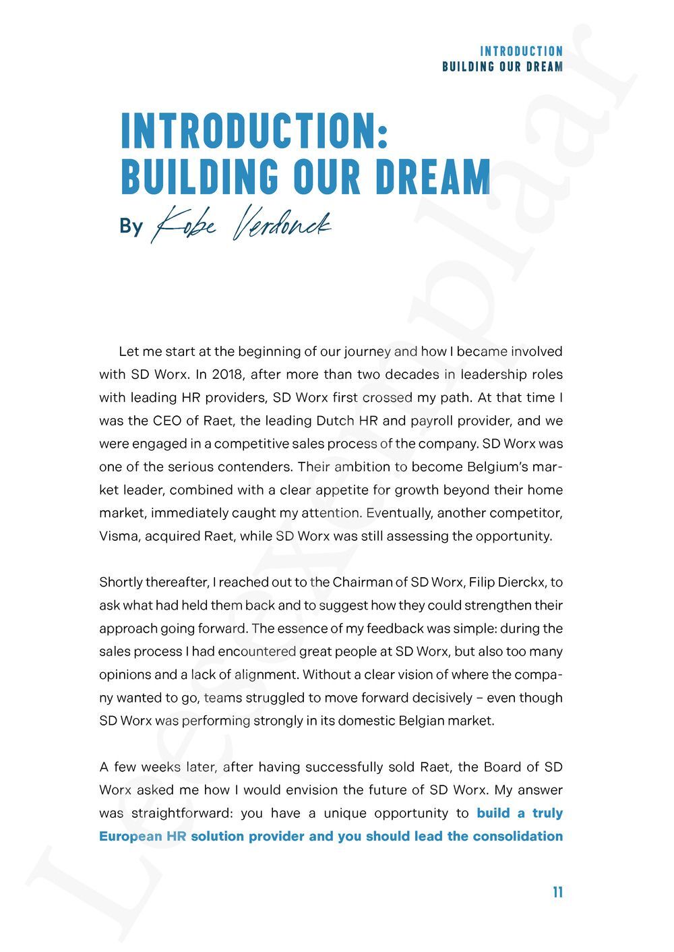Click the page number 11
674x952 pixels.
pos(557,892)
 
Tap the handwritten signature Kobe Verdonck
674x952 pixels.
pos(241,224)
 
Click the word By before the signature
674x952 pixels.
pos(131,226)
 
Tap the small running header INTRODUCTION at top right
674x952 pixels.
pos(521,51)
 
